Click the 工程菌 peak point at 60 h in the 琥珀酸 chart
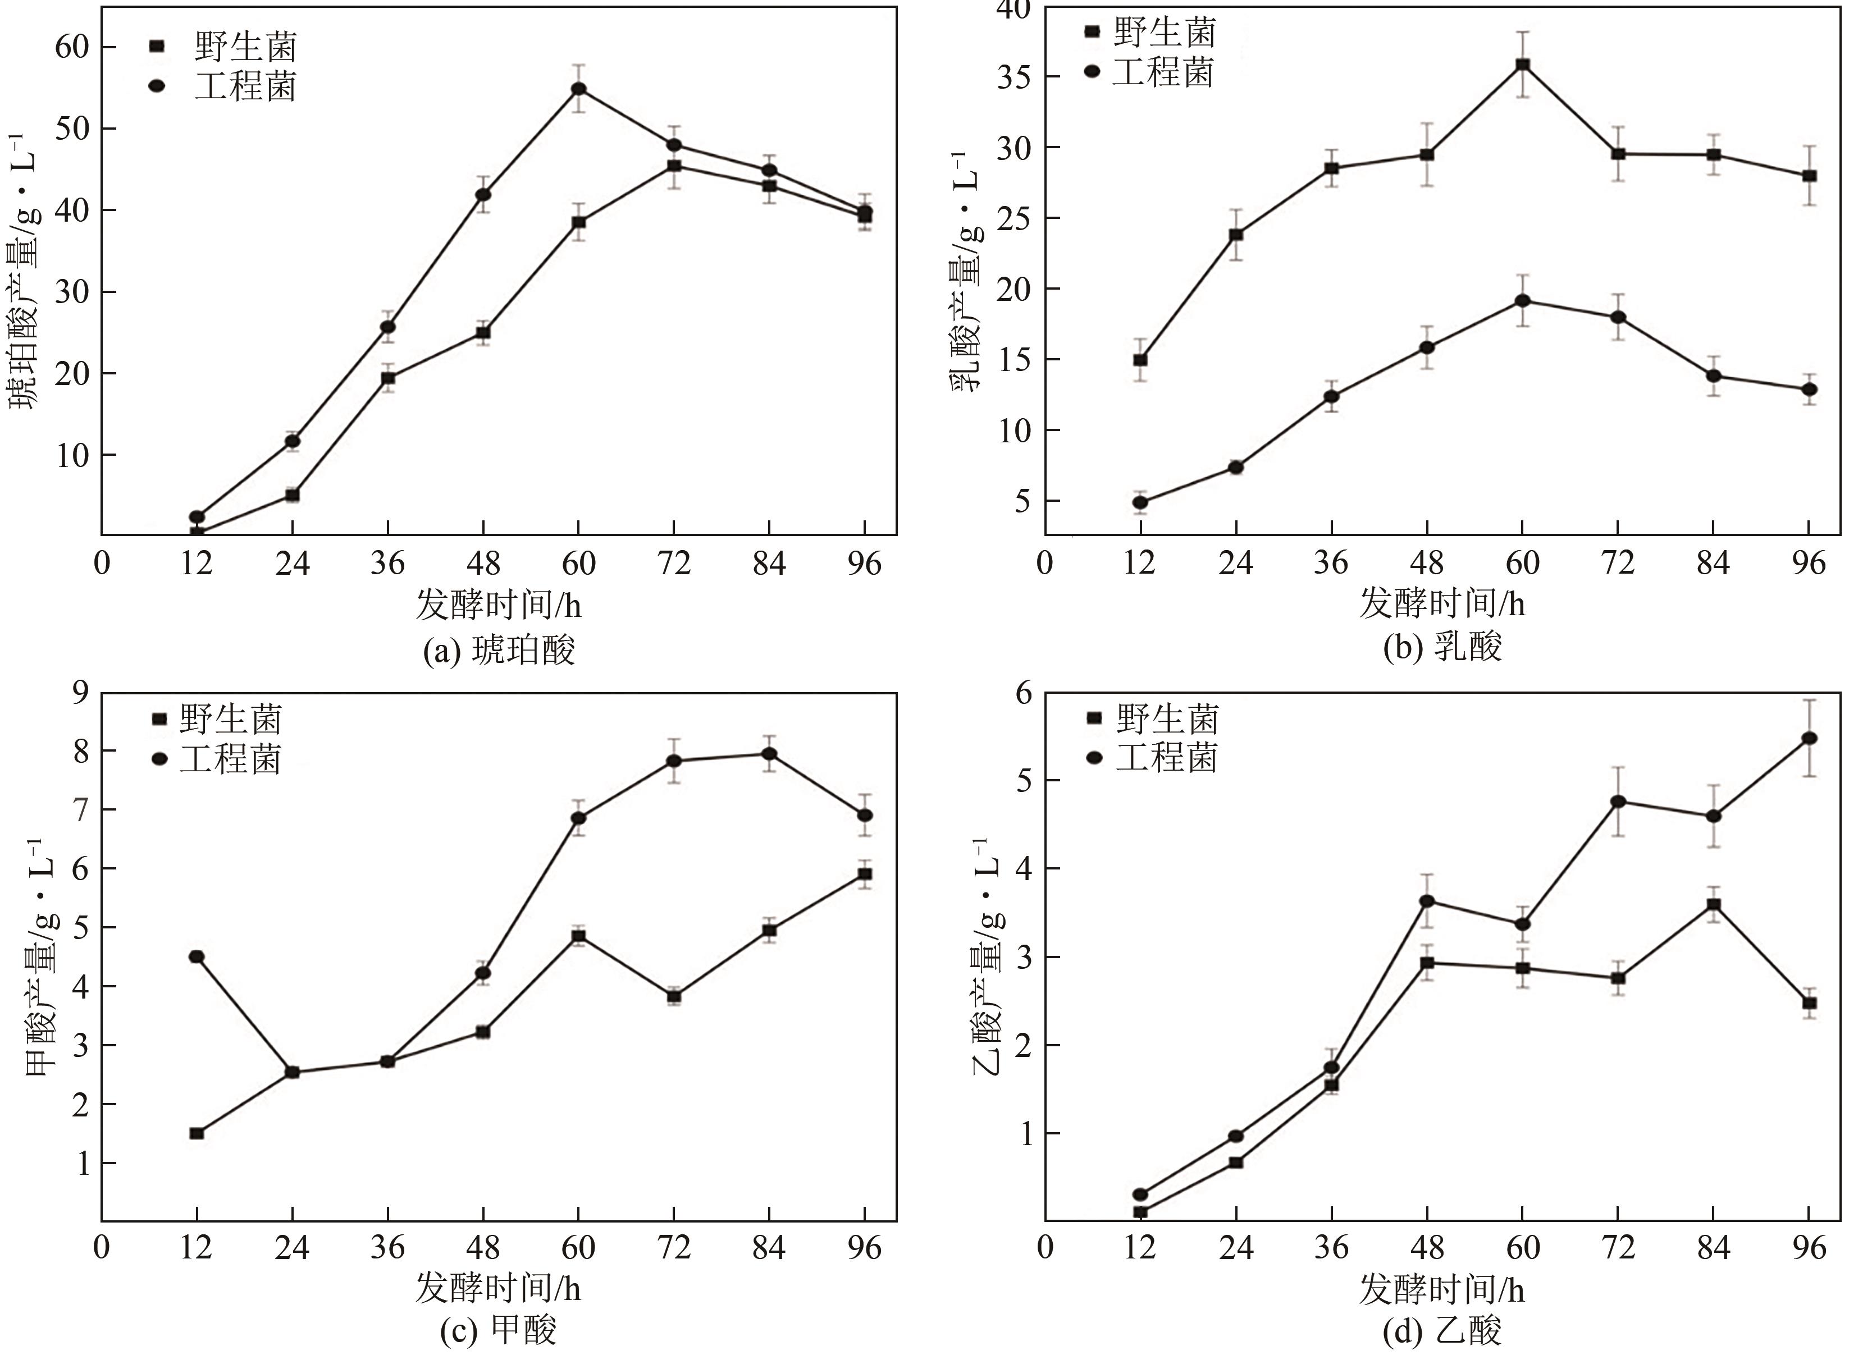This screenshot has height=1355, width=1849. tap(578, 89)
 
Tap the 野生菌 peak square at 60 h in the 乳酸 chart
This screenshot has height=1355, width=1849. tap(1523, 65)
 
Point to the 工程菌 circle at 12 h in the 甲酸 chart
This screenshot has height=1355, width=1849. tap(196, 956)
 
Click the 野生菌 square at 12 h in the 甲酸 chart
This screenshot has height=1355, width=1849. tap(196, 1133)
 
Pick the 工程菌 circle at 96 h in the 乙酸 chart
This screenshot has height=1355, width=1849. tap(1809, 738)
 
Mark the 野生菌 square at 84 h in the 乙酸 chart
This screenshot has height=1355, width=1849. tap(1714, 905)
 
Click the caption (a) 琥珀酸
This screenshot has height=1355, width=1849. tap(498, 651)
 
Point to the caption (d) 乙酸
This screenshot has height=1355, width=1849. tap(1442, 1332)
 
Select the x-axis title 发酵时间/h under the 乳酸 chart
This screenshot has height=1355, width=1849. tap(1442, 605)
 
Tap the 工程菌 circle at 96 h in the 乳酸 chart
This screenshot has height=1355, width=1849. tap(1809, 390)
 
